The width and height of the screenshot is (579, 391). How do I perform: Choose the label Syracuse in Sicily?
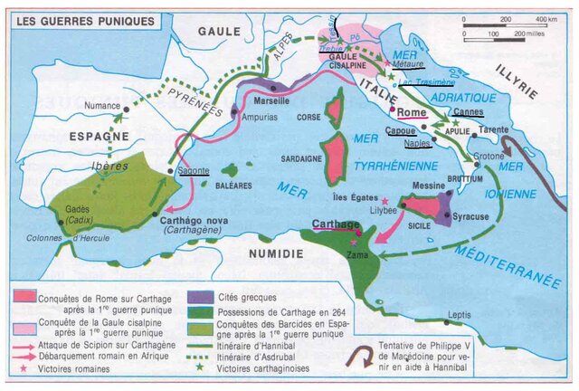[x=470, y=217]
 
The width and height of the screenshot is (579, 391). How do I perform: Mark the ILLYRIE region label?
[x=516, y=82]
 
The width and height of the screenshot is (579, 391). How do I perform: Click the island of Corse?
[x=335, y=107]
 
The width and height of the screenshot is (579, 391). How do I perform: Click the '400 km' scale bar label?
[x=546, y=19]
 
